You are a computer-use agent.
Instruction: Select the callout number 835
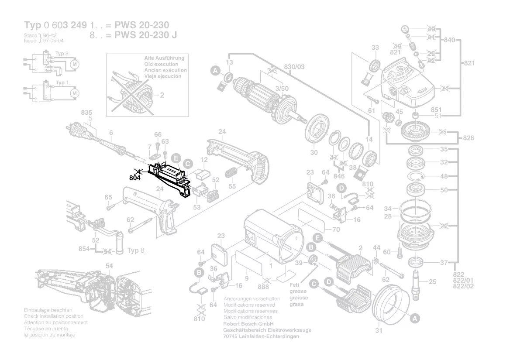tap(86, 113)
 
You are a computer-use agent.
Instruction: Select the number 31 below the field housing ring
tap(378, 330)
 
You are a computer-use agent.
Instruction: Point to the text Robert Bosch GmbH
tap(248, 324)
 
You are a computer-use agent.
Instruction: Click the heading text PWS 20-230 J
tap(145, 35)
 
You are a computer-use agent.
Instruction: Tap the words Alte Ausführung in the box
tap(164, 58)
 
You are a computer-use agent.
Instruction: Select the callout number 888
tap(263, 287)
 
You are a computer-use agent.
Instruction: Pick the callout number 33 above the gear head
tap(375, 47)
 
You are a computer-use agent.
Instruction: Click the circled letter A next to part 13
tap(215, 70)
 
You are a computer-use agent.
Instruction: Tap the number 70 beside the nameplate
tap(336, 229)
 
